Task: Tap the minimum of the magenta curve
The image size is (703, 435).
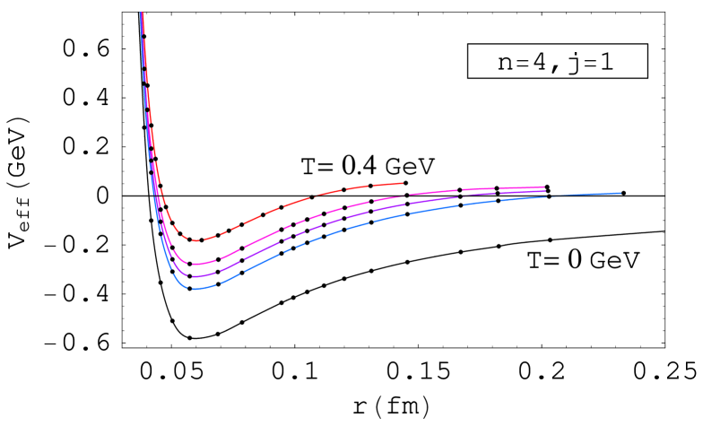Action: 197,264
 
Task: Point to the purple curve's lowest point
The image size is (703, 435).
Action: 196,276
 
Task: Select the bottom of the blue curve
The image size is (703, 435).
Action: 195,289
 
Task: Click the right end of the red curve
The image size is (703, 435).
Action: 403,183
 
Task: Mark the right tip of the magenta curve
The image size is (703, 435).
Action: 544,187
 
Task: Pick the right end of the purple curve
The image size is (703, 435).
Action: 544,191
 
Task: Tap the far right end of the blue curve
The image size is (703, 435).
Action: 621,193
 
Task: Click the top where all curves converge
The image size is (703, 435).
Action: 142,14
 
